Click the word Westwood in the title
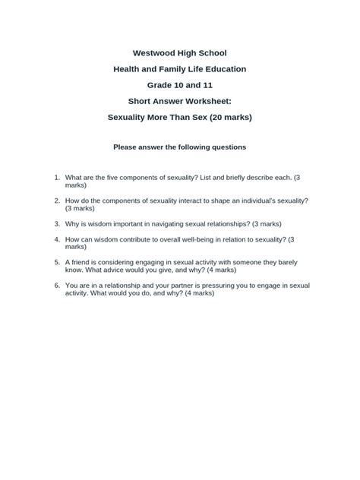pyautogui.click(x=154, y=53)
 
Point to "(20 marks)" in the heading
pyautogui.click(x=228, y=117)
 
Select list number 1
pyautogui.click(x=56, y=177)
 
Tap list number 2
pyautogui.click(x=56, y=201)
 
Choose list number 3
pyautogui.click(x=56, y=224)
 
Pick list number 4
pyautogui.click(x=56, y=239)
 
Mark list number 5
pyautogui.click(x=56, y=262)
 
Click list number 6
pyautogui.click(x=56, y=286)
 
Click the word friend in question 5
pyautogui.click(x=82, y=262)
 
